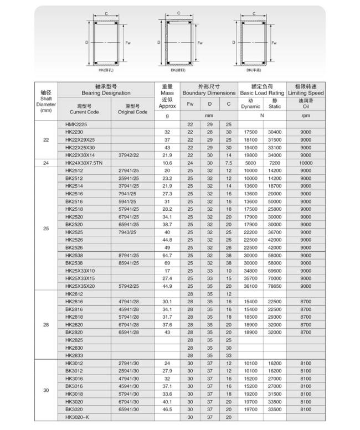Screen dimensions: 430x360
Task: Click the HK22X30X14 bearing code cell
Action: [x=79, y=155]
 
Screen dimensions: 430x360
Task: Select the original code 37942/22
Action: [x=128, y=155]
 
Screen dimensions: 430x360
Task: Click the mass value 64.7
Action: [x=167, y=255]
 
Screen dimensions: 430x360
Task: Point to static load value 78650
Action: [x=275, y=286]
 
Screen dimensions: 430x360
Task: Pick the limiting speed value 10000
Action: [x=306, y=163]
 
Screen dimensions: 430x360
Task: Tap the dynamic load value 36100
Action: [x=250, y=286]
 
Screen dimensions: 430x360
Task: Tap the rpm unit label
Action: [x=306, y=116]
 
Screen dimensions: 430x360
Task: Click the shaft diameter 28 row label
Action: [x=46, y=325]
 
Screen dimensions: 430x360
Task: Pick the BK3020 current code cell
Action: [x=74, y=409]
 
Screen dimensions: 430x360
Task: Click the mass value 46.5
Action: [x=167, y=409]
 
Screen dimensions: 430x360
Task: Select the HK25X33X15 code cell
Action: [x=80, y=278]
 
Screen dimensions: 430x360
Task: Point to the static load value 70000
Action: [x=275, y=278]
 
